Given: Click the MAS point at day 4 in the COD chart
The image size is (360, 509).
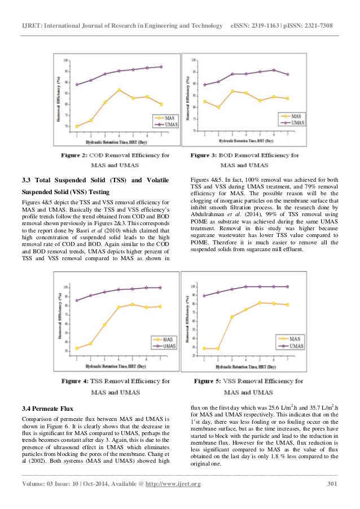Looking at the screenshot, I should (x=119, y=90).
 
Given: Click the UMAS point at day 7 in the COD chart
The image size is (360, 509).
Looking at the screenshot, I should (x=161, y=67).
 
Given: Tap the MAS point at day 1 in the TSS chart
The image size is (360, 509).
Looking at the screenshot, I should (x=76, y=348).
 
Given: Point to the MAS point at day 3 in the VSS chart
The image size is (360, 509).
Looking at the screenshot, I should (x=232, y=317).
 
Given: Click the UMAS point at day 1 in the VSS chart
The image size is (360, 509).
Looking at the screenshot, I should (x=204, y=296).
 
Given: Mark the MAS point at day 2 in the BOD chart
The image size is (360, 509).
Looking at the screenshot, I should (x=218, y=107).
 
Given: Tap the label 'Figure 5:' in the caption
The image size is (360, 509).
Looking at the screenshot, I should (x=212, y=381).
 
